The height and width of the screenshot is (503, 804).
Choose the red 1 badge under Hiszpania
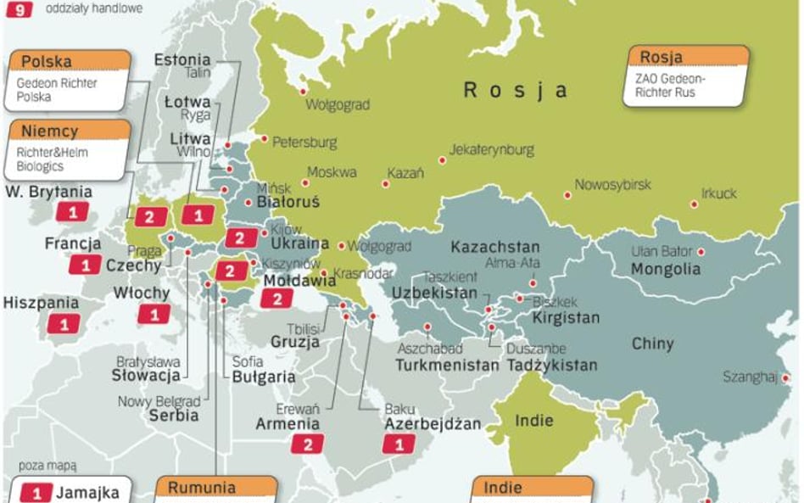[64, 323]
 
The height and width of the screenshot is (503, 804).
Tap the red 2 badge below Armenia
[307, 444]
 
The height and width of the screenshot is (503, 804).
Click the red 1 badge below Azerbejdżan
[399, 444]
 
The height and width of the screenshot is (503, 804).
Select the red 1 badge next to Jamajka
[36, 492]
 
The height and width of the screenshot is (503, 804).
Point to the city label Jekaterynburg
[492, 150]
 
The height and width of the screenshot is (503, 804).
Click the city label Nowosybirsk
[612, 185]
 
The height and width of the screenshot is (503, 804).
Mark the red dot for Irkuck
[694, 204]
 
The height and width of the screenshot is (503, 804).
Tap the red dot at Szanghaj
[785, 378]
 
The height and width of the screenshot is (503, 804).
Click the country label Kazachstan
[494, 248]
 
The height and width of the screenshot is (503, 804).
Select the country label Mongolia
[666, 270]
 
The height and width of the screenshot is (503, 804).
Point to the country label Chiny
[653, 344]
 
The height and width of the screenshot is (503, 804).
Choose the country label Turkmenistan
[447, 366]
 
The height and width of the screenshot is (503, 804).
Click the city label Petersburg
[304, 143]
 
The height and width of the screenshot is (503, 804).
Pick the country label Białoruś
[288, 203]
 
